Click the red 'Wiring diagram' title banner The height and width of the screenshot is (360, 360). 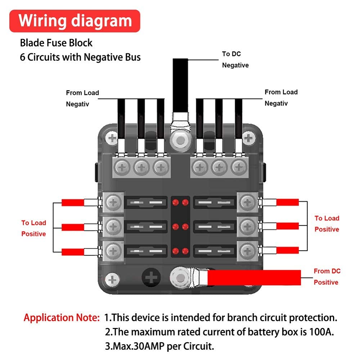[75, 21]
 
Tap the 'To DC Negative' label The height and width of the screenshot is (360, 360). [235, 59]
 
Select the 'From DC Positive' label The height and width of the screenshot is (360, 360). [327, 276]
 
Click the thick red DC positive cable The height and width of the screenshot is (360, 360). [254, 278]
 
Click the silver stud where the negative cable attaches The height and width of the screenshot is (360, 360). [180, 140]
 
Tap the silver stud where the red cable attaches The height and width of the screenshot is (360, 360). [180, 278]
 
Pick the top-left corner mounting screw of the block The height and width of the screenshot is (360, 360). [112, 139]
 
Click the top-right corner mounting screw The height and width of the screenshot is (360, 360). [249, 138]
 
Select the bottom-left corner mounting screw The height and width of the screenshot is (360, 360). [112, 280]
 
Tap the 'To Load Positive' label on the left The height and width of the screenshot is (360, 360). [34, 228]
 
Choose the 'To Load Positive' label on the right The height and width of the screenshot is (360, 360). [327, 224]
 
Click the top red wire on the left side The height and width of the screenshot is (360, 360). [73, 202]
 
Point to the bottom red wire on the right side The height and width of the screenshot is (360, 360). [287, 250]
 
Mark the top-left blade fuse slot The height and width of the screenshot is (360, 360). [146, 202]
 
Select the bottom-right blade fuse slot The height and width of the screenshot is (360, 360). [215, 251]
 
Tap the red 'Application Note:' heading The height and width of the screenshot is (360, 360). [62, 318]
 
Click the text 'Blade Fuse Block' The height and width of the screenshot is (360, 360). [56, 43]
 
